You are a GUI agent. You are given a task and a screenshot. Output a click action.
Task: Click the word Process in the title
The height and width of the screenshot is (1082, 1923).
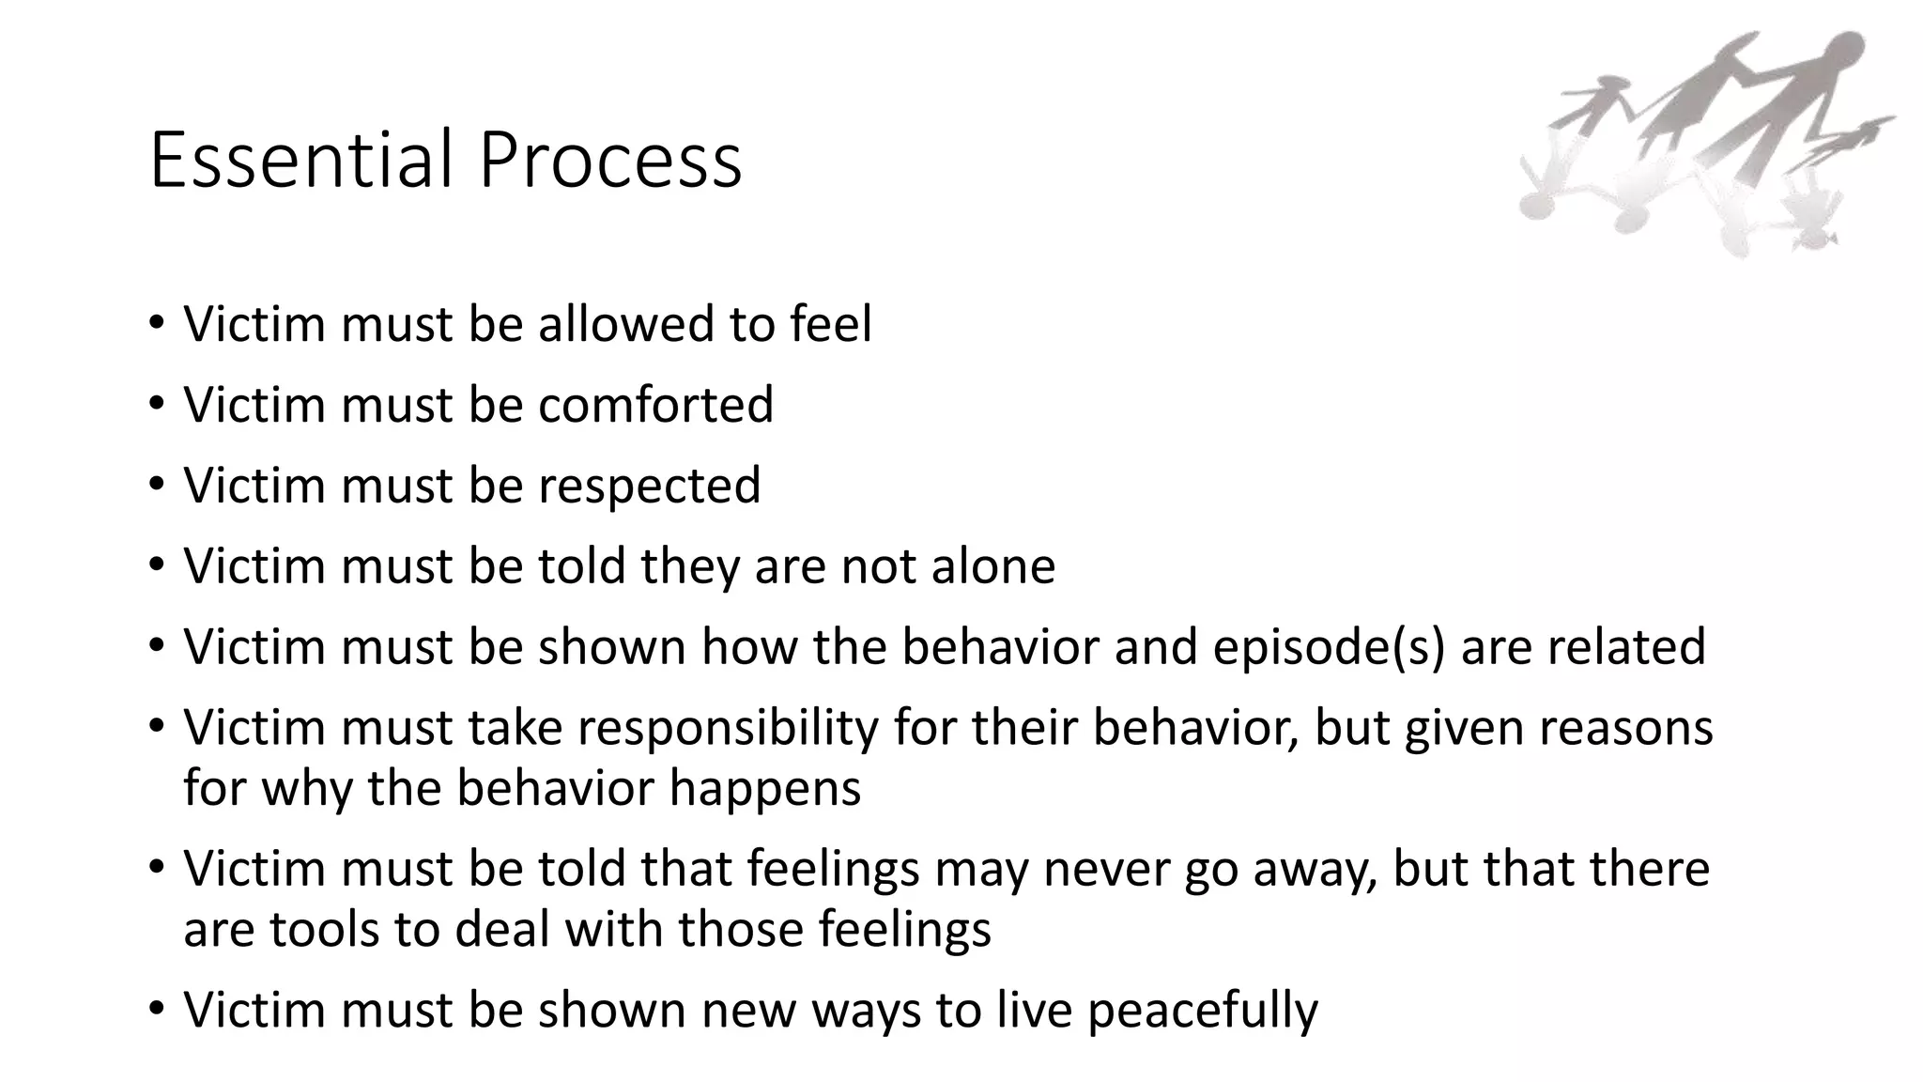[610, 160]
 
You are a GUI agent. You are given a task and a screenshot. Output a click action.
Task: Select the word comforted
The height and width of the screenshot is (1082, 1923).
[655, 405]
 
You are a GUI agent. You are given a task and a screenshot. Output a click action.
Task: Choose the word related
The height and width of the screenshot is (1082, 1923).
[1625, 647]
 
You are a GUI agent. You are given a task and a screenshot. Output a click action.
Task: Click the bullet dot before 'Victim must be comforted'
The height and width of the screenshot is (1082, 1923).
[156, 405]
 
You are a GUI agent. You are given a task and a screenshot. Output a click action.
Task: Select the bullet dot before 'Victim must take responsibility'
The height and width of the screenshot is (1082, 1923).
[156, 728]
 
